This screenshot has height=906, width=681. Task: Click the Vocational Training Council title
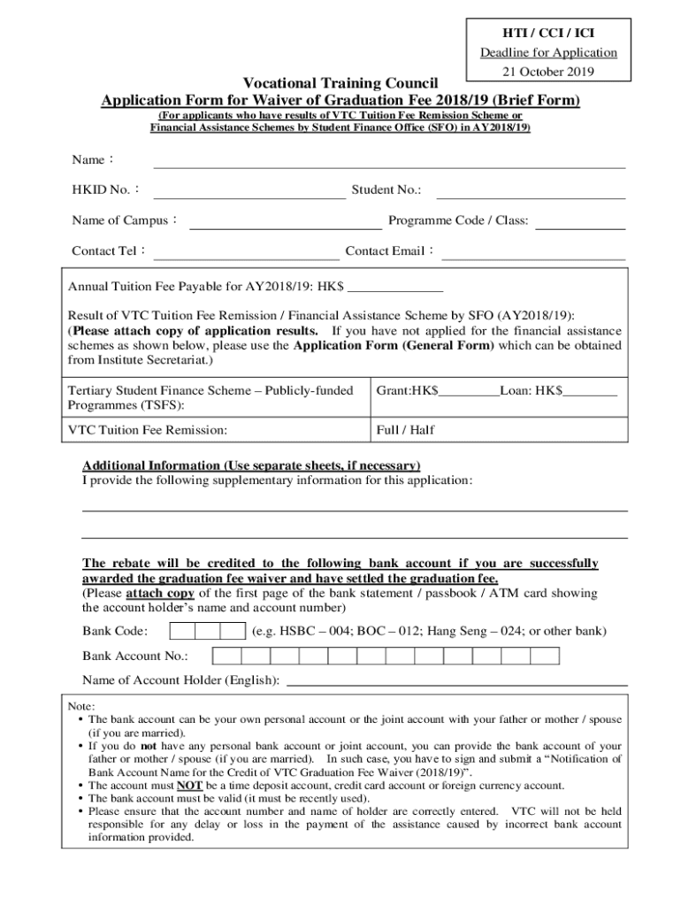340,83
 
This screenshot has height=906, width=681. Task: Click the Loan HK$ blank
590,391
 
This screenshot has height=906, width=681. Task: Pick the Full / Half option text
405,430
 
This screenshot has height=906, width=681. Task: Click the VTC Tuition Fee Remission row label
148,430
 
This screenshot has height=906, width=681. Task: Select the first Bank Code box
182,632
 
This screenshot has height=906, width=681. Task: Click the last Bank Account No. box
545,656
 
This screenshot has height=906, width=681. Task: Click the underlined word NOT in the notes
190,785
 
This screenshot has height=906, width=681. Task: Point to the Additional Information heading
251,465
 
